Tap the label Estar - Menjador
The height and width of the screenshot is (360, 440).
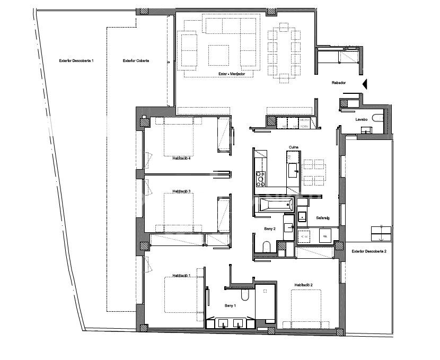click(232, 74)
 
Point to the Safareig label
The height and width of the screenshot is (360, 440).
click(323, 218)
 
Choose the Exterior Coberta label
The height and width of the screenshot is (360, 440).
click(136, 61)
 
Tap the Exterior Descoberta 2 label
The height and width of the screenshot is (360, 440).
click(368, 251)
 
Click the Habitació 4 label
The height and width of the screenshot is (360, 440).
click(181, 157)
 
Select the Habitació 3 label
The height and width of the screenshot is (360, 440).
click(181, 191)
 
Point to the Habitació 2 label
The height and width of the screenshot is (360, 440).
click(303, 285)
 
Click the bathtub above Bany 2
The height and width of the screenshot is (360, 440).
click(272, 205)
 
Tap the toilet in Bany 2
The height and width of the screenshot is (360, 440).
click(267, 247)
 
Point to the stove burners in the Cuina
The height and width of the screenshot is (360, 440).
click(260, 179)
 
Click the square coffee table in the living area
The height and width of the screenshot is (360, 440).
click(219, 55)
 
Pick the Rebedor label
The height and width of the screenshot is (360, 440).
click(339, 83)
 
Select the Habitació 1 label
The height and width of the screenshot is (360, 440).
click(181, 276)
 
